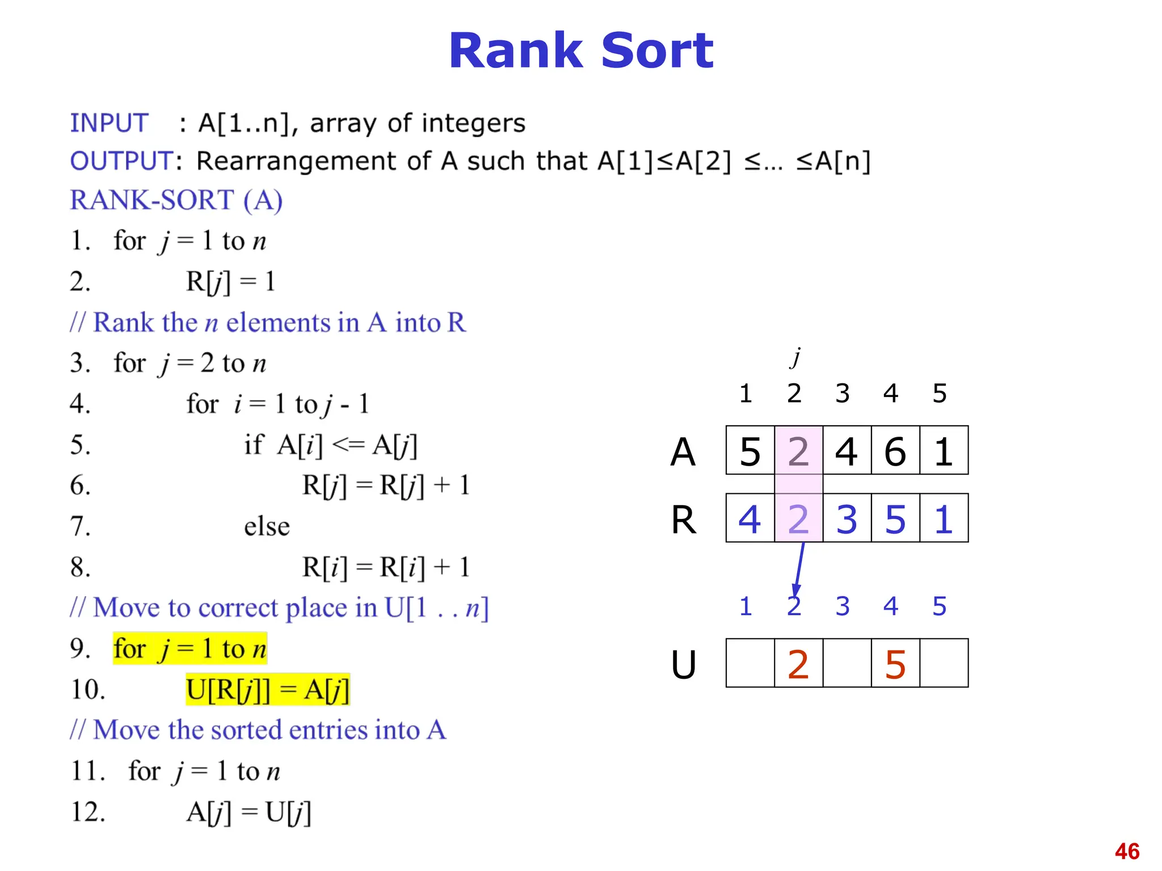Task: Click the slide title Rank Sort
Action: [x=580, y=51]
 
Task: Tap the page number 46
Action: [x=1127, y=851]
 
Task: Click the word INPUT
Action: [x=109, y=123]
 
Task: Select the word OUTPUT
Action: [x=121, y=161]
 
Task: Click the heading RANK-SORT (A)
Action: [x=176, y=200]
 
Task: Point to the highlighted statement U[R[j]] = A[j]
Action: [x=268, y=690]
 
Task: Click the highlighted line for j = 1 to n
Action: [x=190, y=649]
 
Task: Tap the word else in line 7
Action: [x=267, y=526]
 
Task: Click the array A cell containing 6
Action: [x=895, y=451]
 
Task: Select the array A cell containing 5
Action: [x=750, y=451]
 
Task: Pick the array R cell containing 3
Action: [x=847, y=518]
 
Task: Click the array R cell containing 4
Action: [x=750, y=518]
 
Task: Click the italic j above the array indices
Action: [x=797, y=357]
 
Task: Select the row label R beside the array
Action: [x=683, y=519]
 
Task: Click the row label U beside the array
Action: [x=683, y=664]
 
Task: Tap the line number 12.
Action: [x=88, y=812]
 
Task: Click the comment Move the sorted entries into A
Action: [x=258, y=730]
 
